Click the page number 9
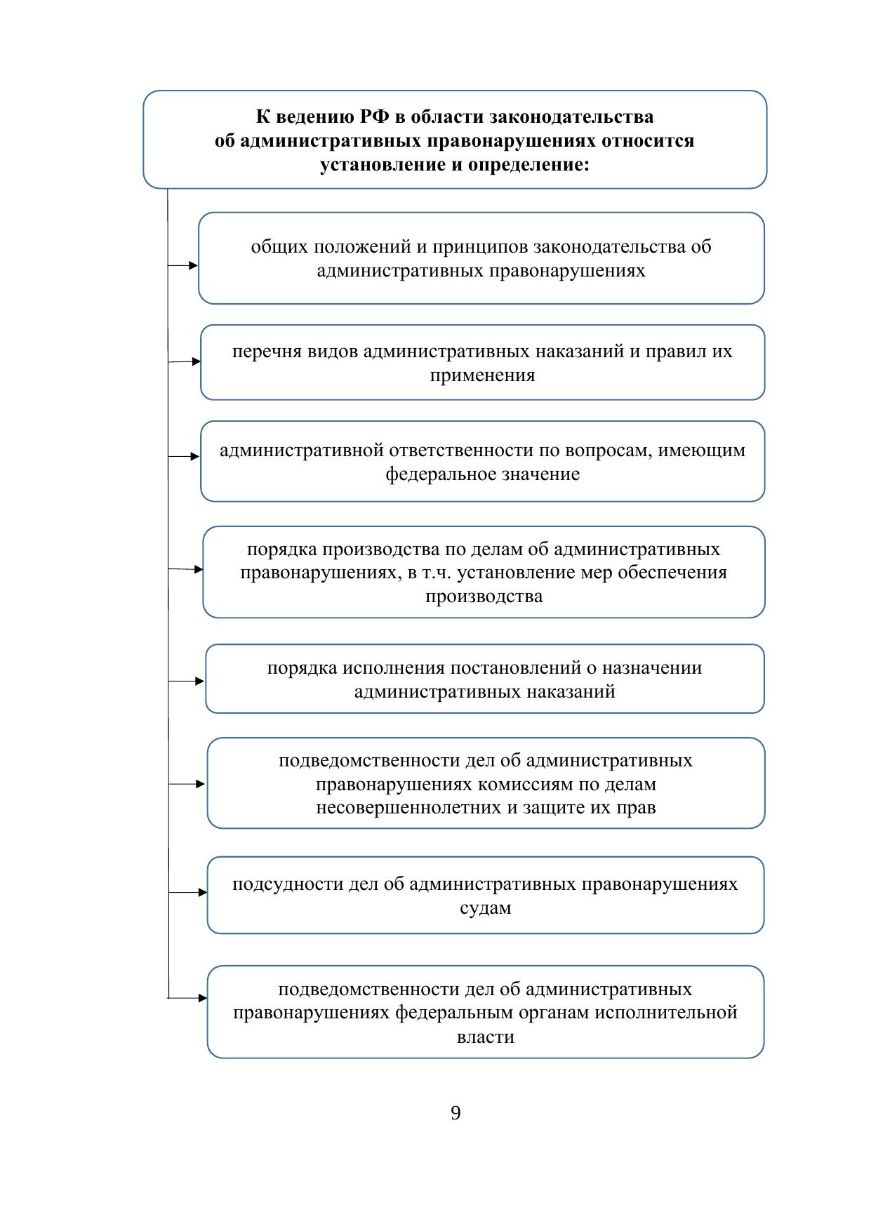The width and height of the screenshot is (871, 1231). [x=456, y=1113]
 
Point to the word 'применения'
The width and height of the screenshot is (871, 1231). [x=482, y=375]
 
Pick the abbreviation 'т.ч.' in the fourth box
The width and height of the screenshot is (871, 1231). [x=438, y=573]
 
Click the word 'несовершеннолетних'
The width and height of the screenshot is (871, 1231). [x=408, y=807]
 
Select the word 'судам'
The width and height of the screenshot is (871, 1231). [x=485, y=907]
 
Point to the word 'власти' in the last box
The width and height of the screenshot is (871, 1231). [x=485, y=1037]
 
